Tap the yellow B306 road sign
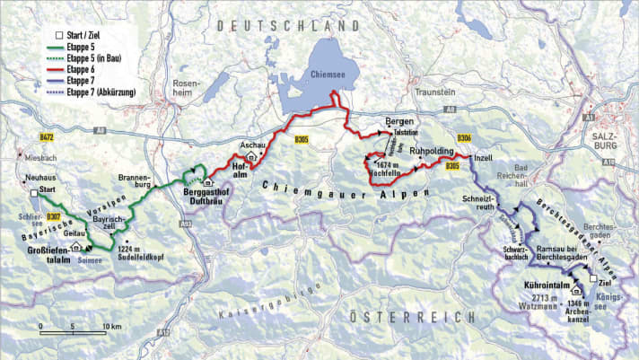463,137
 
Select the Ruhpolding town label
434,152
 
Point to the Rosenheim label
186,90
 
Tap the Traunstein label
436,92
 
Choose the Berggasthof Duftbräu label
210,197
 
